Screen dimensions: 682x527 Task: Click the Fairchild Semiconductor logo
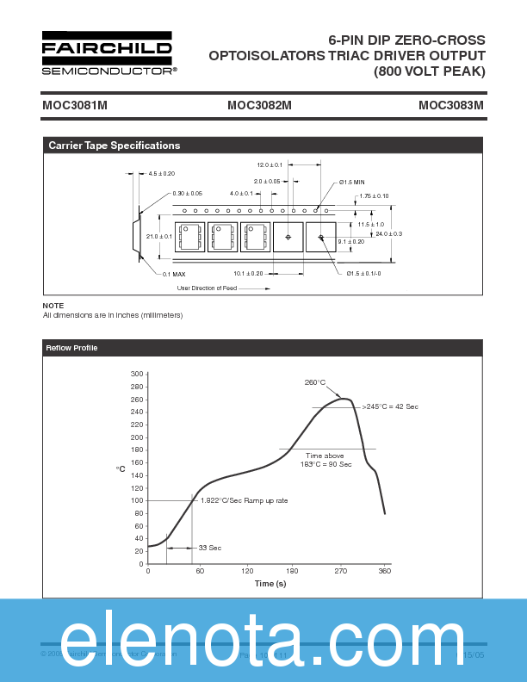pos(108,53)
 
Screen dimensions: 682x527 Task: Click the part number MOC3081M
pos(74,106)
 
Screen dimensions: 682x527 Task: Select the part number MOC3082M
pos(259,106)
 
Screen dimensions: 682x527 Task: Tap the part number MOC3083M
pos(450,106)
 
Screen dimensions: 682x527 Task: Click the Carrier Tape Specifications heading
pos(115,146)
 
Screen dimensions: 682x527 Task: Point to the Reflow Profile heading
pos(72,348)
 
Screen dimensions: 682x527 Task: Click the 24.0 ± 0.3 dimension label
pos(388,234)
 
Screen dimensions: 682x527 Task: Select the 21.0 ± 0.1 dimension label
pos(159,236)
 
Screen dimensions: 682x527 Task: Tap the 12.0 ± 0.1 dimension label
pos(270,164)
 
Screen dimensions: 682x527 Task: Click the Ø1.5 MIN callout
pos(351,183)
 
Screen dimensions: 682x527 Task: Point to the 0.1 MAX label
pos(174,274)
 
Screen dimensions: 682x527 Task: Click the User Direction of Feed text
pos(207,288)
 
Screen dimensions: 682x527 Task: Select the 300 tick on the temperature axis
pos(136,375)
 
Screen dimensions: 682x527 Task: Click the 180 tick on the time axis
pos(292,571)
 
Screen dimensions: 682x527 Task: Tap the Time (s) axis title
pos(270,584)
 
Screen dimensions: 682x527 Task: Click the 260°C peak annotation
pos(314,382)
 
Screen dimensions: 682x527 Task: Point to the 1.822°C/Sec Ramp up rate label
pos(244,500)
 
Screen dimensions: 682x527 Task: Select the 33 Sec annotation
pos(210,548)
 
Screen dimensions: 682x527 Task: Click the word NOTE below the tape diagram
pos(53,306)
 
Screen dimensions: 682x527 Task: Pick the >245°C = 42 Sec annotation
pos(389,406)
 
